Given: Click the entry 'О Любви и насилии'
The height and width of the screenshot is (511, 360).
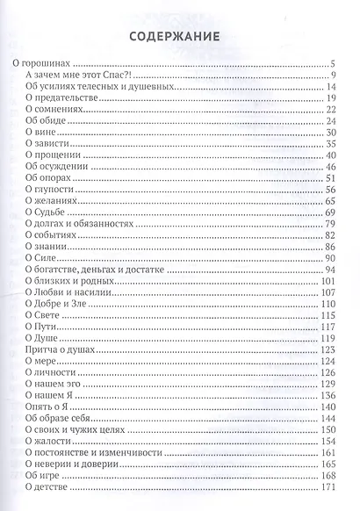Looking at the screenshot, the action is tap(64, 292).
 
